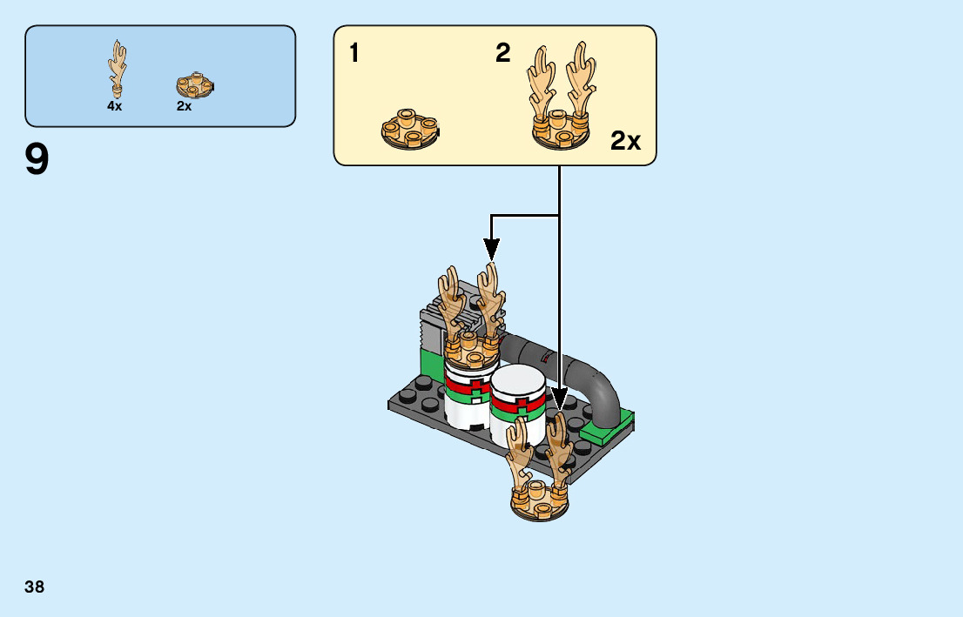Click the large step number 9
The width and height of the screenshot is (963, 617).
tap(37, 161)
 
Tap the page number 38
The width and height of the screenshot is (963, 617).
tap(35, 587)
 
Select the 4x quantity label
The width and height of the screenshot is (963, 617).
tap(115, 105)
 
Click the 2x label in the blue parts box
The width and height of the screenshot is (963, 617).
tap(184, 105)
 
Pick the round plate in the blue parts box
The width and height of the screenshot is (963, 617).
tap(195, 85)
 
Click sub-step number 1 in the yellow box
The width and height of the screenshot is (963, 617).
tap(354, 54)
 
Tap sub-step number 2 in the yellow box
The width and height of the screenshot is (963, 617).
tap(502, 54)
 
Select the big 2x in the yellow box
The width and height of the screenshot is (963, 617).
tap(625, 141)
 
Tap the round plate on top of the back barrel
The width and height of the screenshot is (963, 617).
tap(471, 352)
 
